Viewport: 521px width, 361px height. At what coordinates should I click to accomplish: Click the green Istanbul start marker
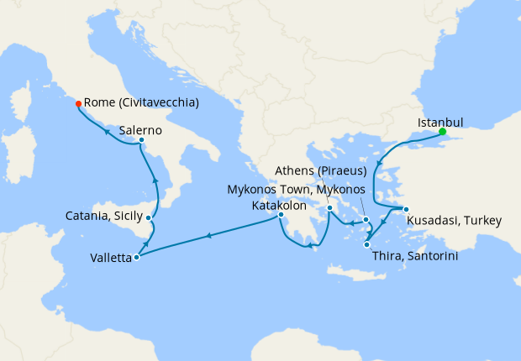pyautogui.click(x=442, y=132)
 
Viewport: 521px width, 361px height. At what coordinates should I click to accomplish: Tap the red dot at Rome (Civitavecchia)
pyautogui.click(x=78, y=103)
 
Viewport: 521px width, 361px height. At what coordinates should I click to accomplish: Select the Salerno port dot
pyautogui.click(x=141, y=140)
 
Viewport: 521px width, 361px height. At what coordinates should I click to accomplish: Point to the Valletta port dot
pyautogui.click(x=136, y=257)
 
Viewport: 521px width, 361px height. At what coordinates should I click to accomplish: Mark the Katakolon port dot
pyautogui.click(x=282, y=215)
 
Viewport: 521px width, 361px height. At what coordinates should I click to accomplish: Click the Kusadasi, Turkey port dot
pyautogui.click(x=405, y=209)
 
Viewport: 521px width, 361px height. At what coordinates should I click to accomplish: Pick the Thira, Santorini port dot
pyautogui.click(x=367, y=245)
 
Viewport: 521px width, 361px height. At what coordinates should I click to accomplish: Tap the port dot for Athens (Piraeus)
pyautogui.click(x=330, y=208)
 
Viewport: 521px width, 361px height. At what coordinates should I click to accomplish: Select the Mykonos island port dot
pyautogui.click(x=367, y=221)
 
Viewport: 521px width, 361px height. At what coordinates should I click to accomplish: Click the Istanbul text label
pyautogui.click(x=440, y=122)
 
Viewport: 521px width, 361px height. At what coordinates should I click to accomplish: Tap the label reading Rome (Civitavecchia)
pyautogui.click(x=142, y=103)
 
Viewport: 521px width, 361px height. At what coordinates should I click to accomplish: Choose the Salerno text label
pyautogui.click(x=139, y=130)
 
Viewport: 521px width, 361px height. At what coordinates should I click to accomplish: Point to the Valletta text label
pyautogui.click(x=111, y=258)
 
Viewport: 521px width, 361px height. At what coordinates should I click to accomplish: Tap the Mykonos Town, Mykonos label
pyautogui.click(x=297, y=189)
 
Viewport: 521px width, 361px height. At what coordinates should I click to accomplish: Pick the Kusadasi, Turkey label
pyautogui.click(x=454, y=222)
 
